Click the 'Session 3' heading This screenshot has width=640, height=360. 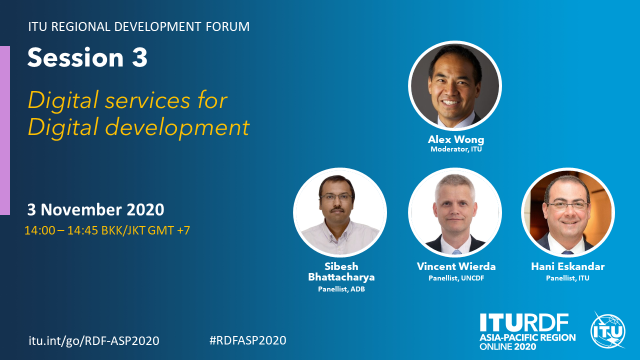tap(87, 57)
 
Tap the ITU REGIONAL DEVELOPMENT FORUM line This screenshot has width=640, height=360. tap(139, 26)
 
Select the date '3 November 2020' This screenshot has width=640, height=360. tap(95, 209)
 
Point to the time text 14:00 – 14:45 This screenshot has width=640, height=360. tap(61, 230)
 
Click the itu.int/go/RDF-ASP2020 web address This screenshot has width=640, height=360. tap(94, 340)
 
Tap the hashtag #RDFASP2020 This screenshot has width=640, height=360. tap(247, 340)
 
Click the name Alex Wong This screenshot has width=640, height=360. tap(456, 139)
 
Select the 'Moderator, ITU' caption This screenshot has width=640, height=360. tap(456, 149)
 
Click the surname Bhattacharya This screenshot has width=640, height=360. tap(341, 277)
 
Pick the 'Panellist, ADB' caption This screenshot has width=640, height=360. tap(341, 289)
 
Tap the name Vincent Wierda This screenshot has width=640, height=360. tap(456, 266)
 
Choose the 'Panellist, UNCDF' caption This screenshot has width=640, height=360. tap(456, 278)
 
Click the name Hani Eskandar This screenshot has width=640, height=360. tap(567, 266)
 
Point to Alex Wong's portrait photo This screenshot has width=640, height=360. tap(455, 85)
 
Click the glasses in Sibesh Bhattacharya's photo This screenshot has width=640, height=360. tap(336, 197)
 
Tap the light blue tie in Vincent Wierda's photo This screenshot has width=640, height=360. tap(456, 252)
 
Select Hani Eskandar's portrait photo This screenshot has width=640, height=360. tap(568, 212)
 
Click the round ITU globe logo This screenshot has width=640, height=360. tap(608, 331)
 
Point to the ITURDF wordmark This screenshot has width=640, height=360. tap(524, 323)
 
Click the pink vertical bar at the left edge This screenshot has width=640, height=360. tap(5, 130)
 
